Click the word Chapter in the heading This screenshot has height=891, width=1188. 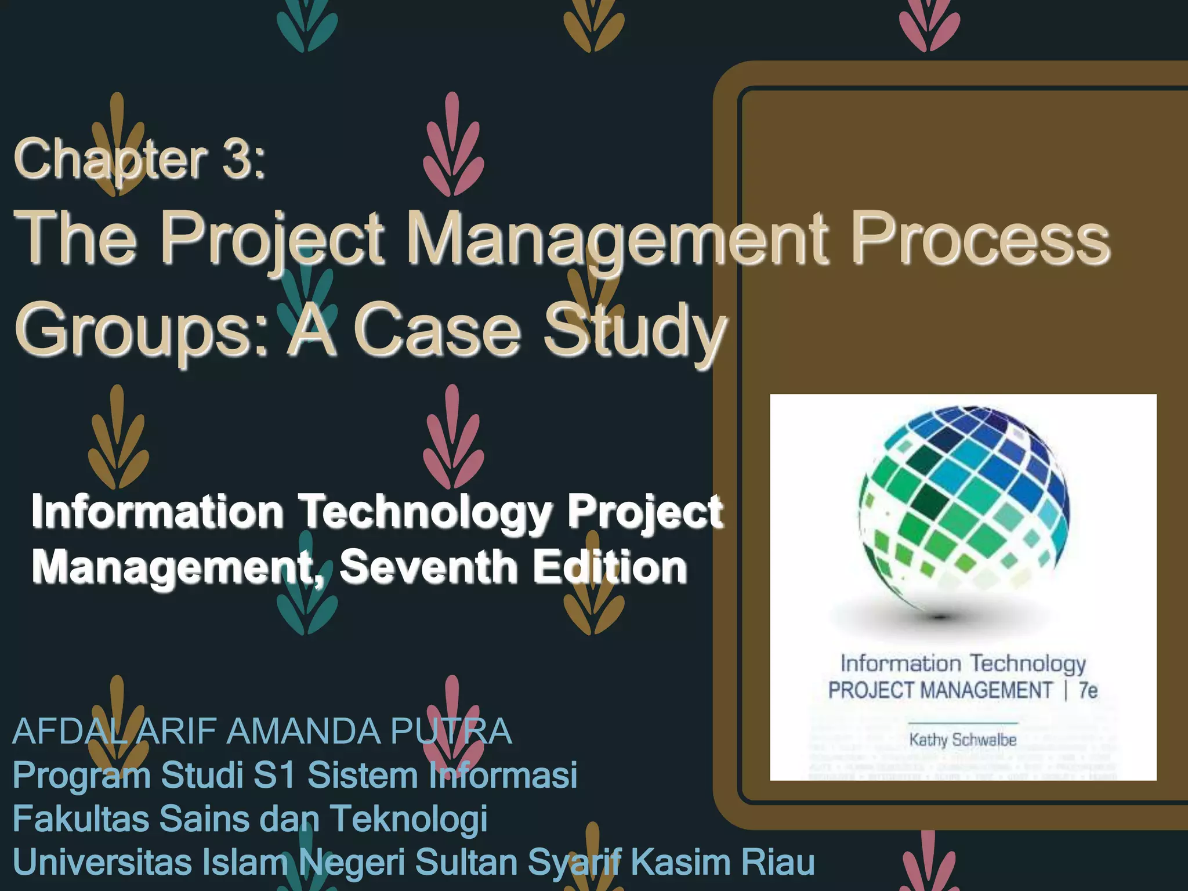pos(110,160)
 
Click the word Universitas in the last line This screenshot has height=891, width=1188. pos(102,862)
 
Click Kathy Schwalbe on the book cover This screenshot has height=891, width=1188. pos(963,740)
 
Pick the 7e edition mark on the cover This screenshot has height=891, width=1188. pos(1088,690)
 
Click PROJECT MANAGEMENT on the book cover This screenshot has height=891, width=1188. pos(940,690)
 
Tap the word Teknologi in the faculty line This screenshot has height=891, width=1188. pos(408,818)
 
